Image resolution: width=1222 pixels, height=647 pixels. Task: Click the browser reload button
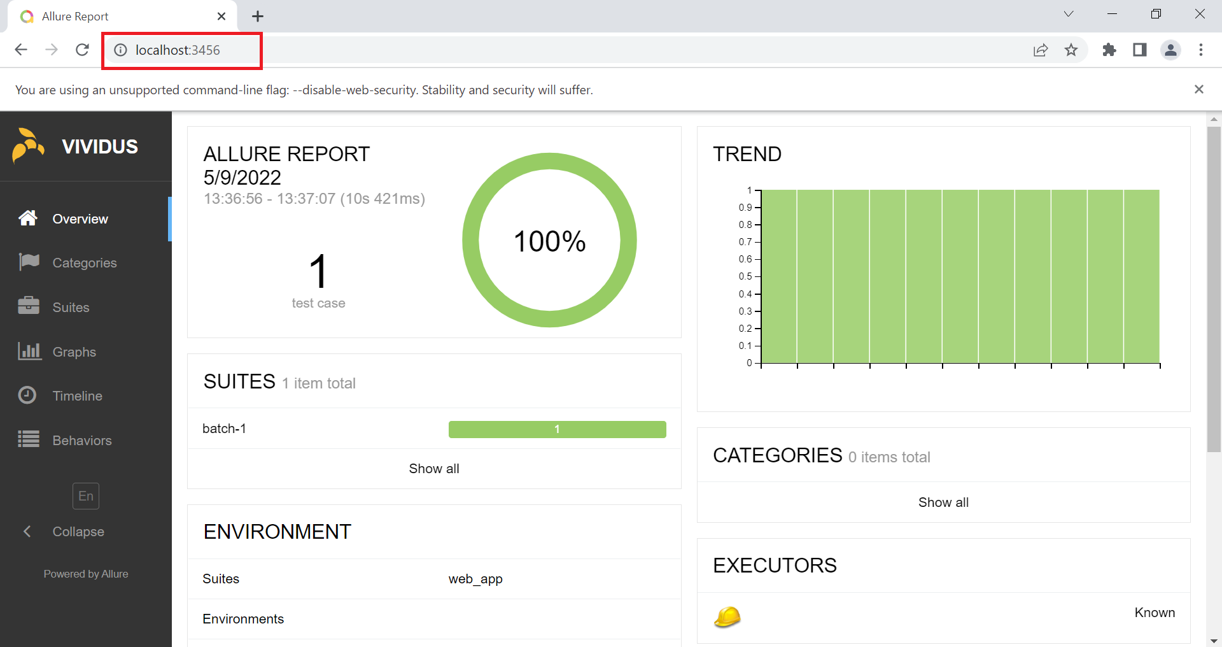[x=82, y=50]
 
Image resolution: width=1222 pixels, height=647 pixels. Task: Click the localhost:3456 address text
[x=178, y=50]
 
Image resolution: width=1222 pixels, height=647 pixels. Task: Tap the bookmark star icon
[x=1071, y=50]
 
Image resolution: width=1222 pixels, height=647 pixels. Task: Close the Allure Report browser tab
[x=221, y=17]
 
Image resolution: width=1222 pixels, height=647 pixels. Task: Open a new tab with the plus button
[x=258, y=17]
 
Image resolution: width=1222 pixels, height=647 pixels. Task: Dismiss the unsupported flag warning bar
[x=1199, y=90]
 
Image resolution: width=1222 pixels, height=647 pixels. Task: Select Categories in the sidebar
[x=84, y=263]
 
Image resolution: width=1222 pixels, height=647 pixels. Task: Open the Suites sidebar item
[x=71, y=308]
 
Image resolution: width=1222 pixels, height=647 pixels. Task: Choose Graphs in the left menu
[x=74, y=352]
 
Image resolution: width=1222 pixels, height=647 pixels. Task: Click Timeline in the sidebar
[x=77, y=396]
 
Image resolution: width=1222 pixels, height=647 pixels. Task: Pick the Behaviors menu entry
[x=81, y=441]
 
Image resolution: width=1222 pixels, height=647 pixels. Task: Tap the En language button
[x=86, y=496]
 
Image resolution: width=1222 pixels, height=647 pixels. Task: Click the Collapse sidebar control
[x=78, y=532]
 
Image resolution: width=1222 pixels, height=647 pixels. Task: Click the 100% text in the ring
[x=549, y=241]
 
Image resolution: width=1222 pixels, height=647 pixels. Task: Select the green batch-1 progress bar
[x=557, y=429]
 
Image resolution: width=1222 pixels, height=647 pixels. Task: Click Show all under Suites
[x=434, y=469]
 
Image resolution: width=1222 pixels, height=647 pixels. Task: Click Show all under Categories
[x=943, y=502]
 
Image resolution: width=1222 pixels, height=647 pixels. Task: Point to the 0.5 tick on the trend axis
[x=746, y=276]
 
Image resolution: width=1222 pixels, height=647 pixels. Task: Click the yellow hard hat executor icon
[x=727, y=616]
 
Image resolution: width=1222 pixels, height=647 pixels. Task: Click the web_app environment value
[x=475, y=579]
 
